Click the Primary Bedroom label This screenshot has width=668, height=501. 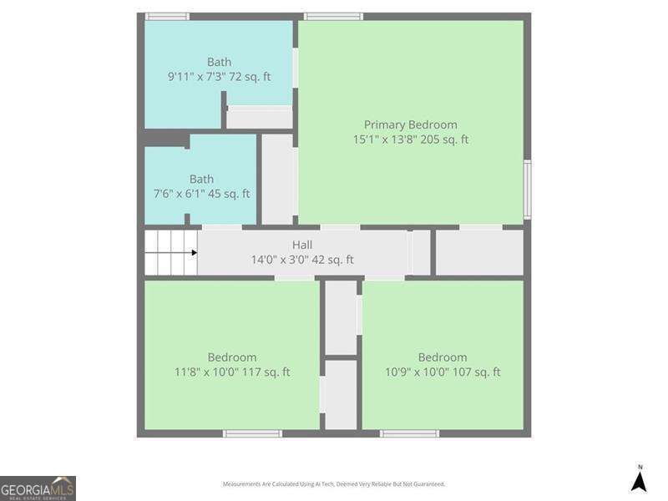410,124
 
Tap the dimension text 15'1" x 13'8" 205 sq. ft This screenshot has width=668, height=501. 410,139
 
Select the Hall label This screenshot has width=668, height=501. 302,245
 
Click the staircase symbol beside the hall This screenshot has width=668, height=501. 170,252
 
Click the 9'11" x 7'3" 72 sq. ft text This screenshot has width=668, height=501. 219,77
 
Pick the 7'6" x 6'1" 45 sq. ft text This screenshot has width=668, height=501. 201,194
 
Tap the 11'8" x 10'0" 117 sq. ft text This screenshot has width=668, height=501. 232,372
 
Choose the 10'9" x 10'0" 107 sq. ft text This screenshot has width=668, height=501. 443,372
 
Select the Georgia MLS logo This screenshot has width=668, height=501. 38,488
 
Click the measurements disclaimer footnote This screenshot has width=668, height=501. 333,484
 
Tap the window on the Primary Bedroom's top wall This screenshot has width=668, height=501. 333,16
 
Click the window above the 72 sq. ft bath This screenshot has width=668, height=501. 167,16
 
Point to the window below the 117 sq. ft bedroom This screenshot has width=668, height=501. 252,433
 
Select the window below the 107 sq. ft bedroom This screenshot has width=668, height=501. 409,433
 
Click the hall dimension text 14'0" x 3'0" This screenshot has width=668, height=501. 302,260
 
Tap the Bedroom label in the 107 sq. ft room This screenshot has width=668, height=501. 443,357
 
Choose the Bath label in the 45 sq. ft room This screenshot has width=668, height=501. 201,179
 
